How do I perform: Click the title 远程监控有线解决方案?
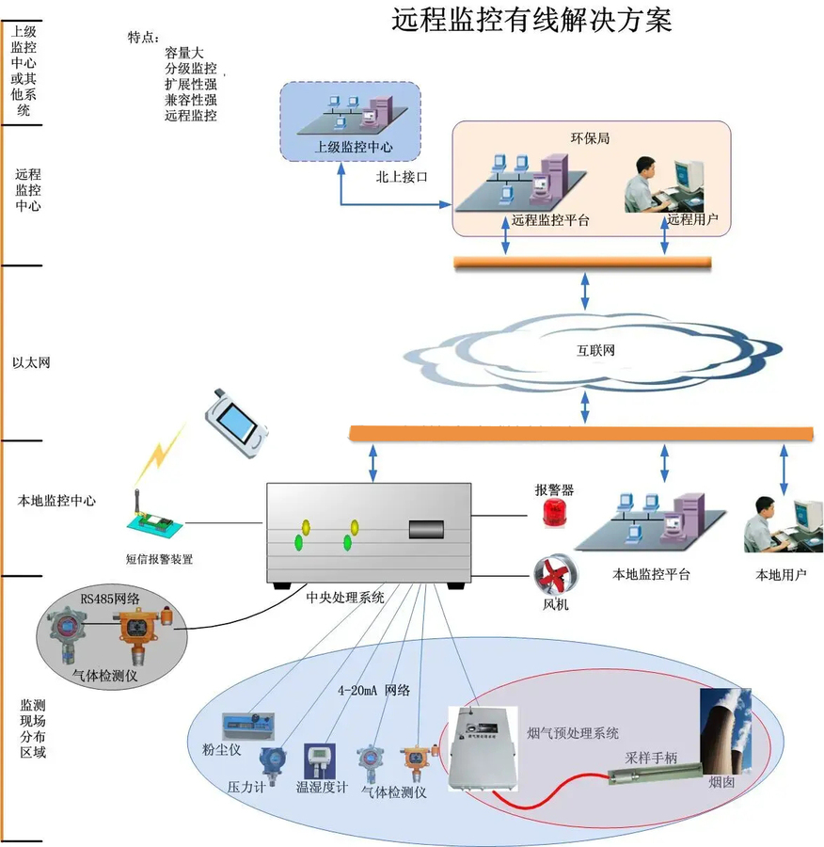point(531,20)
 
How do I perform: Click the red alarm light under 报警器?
point(554,513)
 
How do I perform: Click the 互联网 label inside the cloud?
point(595,351)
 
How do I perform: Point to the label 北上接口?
point(402,176)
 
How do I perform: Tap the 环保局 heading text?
point(591,137)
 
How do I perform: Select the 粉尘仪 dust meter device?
point(247,726)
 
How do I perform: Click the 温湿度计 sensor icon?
point(320,760)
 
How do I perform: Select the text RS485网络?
point(110,598)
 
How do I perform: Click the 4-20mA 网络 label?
point(373,690)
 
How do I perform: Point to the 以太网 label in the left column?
point(30,361)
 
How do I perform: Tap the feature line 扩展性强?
point(191,85)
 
